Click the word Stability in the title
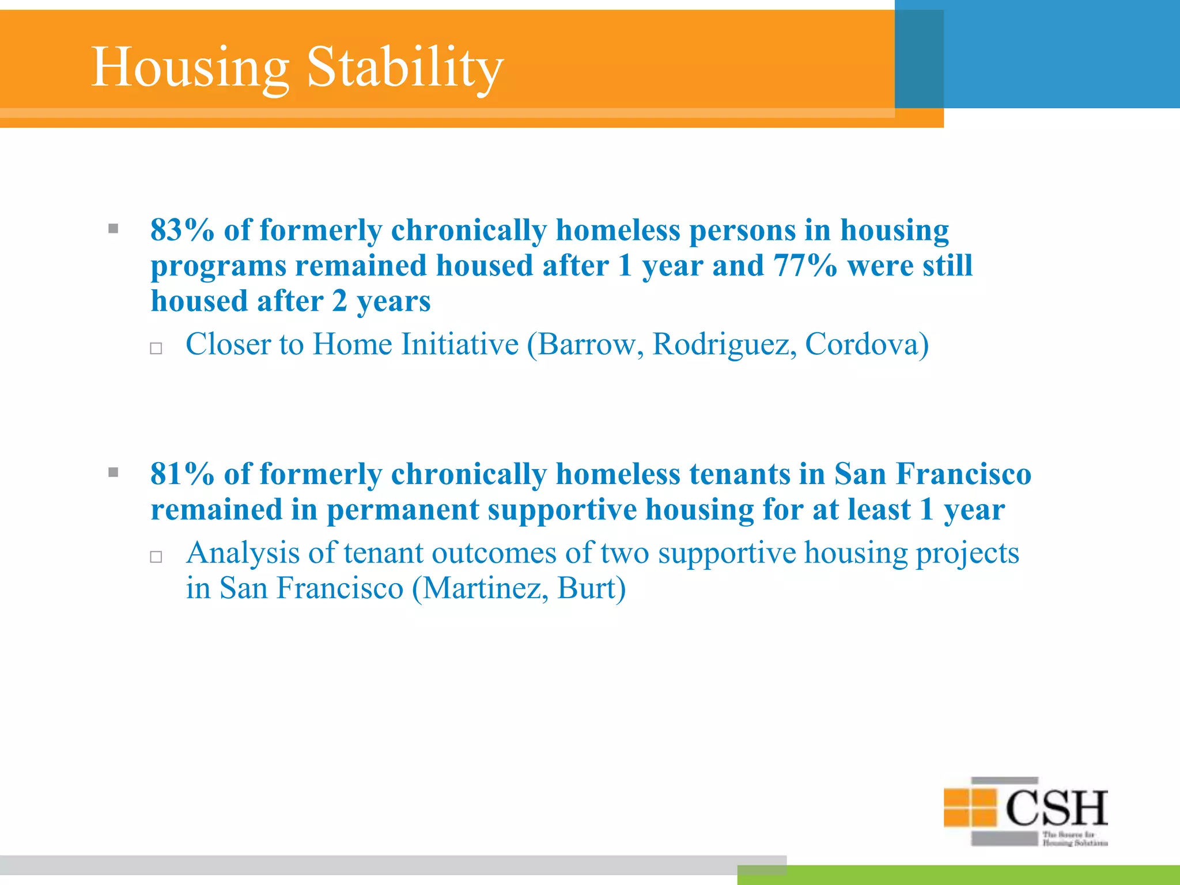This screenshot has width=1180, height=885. pyautogui.click(x=405, y=67)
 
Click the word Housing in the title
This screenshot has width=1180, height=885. pyautogui.click(x=190, y=67)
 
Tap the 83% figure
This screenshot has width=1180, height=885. pyautogui.click(x=182, y=230)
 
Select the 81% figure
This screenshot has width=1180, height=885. pyautogui.click(x=182, y=474)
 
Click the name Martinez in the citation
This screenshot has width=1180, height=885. pyautogui.click(x=481, y=588)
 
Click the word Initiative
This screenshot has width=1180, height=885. pyautogui.click(x=459, y=345)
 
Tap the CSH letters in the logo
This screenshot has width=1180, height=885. pyautogui.click(x=1056, y=808)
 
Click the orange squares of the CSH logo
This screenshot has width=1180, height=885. pyautogui.click(x=970, y=807)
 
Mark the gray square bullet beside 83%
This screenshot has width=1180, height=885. pyautogui.click(x=114, y=229)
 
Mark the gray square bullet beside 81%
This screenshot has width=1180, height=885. pyautogui.click(x=114, y=473)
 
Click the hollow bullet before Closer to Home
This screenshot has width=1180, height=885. pyautogui.click(x=156, y=348)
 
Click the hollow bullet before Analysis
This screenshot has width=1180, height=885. pyautogui.click(x=156, y=557)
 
